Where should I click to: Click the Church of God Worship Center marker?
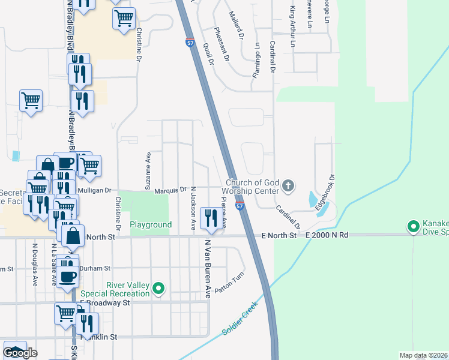288,186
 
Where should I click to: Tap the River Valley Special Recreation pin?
158,289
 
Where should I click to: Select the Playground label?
151,225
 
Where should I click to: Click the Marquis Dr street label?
170,190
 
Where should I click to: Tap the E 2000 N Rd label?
327,235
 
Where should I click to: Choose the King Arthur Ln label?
293,26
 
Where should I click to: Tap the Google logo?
20,353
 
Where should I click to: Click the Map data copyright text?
423,355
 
